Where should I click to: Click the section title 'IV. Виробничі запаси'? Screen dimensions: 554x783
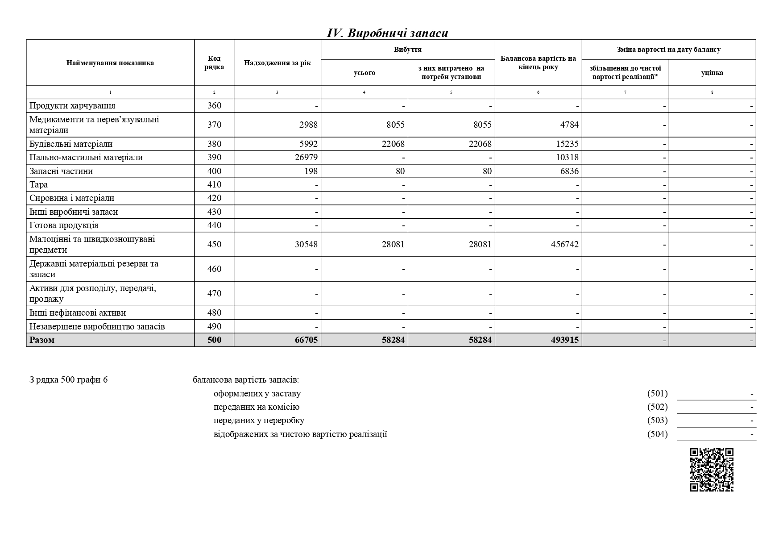pos(387,33)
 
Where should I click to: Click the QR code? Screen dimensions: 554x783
pos(712,470)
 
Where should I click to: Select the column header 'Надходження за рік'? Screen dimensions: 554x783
pos(277,63)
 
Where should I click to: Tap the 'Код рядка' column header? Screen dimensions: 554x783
pos(214,63)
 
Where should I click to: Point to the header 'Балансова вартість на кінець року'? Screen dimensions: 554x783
pos(538,63)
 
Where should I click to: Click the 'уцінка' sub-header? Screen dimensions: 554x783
pos(712,73)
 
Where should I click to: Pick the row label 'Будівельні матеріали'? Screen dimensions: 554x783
pos(71,144)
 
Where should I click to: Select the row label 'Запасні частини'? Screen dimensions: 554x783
pos(61,171)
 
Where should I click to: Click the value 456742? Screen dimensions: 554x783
pos(565,245)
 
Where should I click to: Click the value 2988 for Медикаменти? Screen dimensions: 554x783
pos(308,125)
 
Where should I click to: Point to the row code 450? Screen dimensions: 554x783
pos(214,245)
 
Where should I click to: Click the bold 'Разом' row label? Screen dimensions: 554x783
pos(42,340)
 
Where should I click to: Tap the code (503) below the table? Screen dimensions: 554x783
pos(657,421)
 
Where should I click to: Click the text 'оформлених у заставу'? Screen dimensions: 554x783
pos(257,394)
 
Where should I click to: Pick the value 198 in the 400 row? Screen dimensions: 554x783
pos(311,171)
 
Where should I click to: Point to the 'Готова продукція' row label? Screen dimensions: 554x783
pos(64,225)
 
